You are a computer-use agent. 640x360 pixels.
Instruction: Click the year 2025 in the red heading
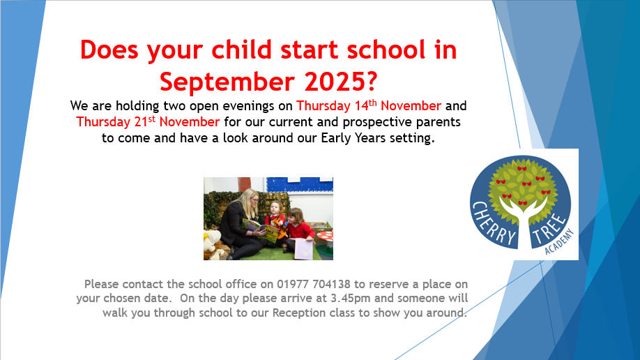point(334,82)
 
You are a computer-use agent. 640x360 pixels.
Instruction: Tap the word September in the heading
point(227,82)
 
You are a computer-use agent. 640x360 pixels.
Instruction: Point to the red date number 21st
point(145,121)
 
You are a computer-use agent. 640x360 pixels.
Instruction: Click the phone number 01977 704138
point(314,283)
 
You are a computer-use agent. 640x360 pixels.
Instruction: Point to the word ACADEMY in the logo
point(559,242)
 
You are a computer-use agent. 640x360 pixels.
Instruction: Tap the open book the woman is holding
point(261,230)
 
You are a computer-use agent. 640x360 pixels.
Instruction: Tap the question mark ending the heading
point(372,82)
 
